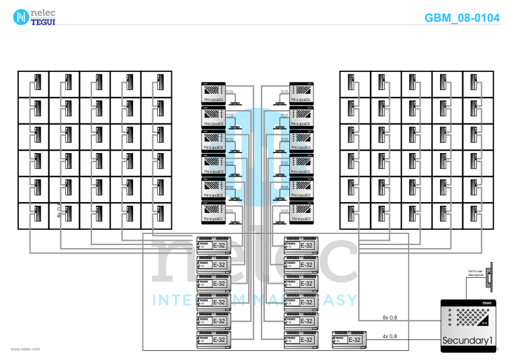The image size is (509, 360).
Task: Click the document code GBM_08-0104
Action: [462, 18]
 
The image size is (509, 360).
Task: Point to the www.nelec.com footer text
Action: [25, 349]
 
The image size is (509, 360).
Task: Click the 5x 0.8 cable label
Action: [390, 317]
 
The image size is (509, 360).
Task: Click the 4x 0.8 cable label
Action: [390, 336]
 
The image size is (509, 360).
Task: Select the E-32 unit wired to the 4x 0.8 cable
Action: [348, 339]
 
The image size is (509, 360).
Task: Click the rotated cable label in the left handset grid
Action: [59, 209]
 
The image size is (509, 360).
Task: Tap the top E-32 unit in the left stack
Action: [214, 246]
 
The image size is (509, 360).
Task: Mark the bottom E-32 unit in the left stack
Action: [214, 339]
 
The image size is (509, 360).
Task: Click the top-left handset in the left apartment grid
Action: [36, 82]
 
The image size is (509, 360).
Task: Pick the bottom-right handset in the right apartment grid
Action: [475, 214]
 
